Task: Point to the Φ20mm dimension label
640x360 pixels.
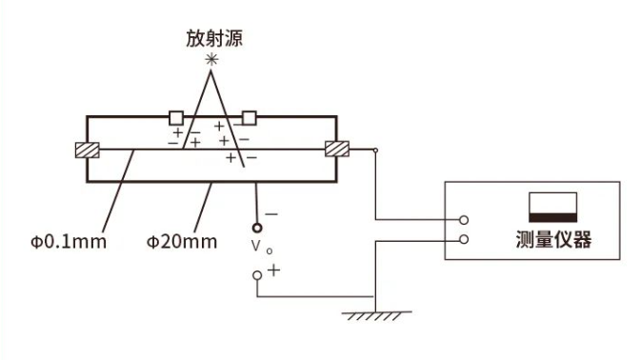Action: [182, 240]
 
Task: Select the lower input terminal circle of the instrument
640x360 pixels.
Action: [463, 239]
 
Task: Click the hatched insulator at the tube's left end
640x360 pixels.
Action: [88, 150]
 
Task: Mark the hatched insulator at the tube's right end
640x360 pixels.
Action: [337, 150]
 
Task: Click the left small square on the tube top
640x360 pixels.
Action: [176, 117]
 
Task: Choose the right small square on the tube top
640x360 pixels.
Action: [250, 117]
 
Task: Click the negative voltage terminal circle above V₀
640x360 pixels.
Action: [256, 228]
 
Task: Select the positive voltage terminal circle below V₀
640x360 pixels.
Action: [256, 275]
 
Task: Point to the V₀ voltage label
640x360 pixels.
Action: [257, 250]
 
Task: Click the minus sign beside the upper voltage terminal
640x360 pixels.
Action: [272, 215]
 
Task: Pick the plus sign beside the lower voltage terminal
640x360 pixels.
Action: [274, 270]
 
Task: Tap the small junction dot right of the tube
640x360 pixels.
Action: [375, 150]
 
